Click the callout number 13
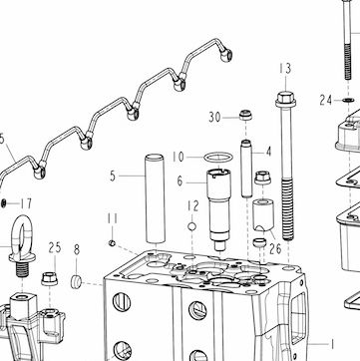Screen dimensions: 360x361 click(x=285, y=69)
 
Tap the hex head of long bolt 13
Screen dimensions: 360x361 click(x=285, y=99)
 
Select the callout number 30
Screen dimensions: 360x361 click(x=214, y=117)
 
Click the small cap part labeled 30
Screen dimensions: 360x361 click(x=245, y=115)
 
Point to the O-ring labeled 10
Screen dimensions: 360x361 click(x=218, y=157)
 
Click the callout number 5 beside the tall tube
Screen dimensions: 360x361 click(x=113, y=176)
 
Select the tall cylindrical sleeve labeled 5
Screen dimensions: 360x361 click(x=155, y=198)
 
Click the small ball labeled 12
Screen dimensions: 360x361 click(x=191, y=226)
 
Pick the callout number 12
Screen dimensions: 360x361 click(x=192, y=206)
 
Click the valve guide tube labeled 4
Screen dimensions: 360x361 click(x=246, y=169)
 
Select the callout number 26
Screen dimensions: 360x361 click(x=275, y=248)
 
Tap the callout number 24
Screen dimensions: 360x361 click(x=326, y=100)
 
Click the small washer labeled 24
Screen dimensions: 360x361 click(x=348, y=100)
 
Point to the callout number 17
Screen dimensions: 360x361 click(x=26, y=203)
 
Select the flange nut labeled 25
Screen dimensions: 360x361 click(x=49, y=278)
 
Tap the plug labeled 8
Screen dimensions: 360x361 click(x=76, y=281)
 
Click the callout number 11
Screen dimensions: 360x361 click(x=113, y=218)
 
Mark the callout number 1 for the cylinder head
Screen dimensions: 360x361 click(x=331, y=344)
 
